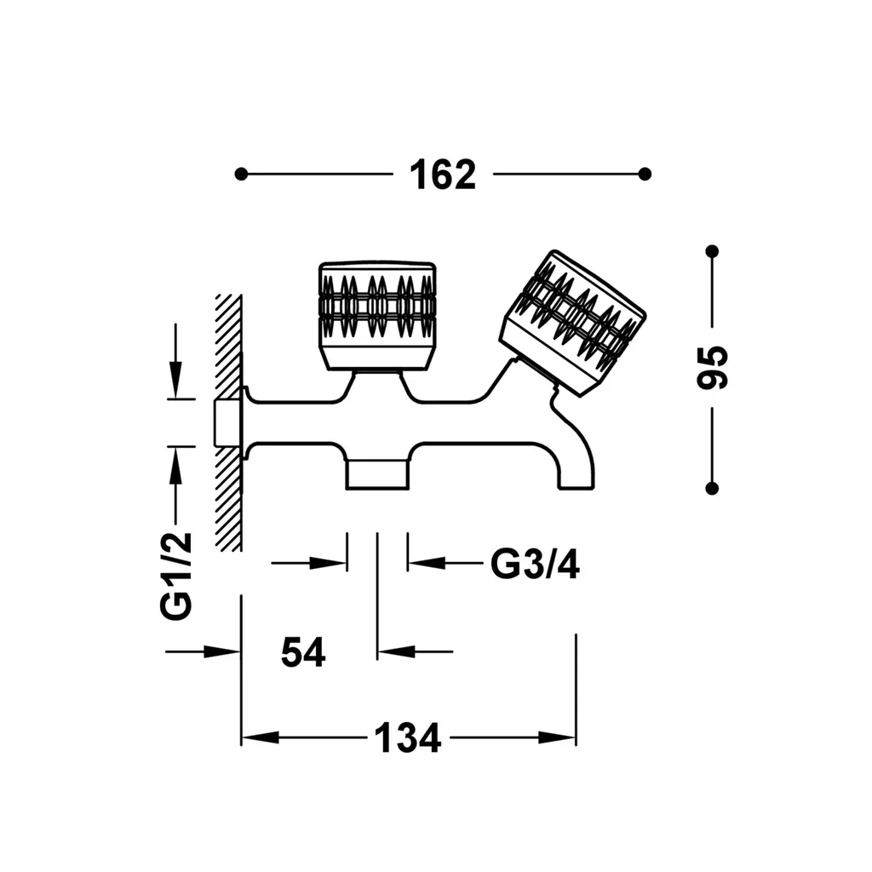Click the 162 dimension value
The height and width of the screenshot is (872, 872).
pos(443,175)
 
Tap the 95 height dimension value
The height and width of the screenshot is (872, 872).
pos(712,367)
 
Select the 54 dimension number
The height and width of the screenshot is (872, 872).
pos(303,651)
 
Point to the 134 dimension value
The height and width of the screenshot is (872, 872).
pos(408,738)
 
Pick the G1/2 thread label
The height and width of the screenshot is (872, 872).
pos(175,577)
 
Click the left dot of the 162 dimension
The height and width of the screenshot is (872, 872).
pos(241,174)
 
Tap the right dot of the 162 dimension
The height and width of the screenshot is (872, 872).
pos(645,174)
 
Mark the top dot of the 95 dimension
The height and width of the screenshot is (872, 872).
pos(712,251)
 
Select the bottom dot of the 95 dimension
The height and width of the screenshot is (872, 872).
pos(712,488)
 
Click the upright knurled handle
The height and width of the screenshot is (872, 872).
pos(377,315)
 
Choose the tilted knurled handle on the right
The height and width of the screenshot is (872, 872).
pos(573,324)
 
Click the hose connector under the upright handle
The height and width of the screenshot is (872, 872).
pos(377,474)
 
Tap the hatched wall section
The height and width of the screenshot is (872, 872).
pos(228,422)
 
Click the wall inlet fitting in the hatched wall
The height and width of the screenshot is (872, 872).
pos(228,422)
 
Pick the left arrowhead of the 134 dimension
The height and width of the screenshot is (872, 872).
pos(261,738)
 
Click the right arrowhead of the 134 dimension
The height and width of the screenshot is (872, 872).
pos(557,738)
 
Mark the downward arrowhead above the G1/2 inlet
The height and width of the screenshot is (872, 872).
pos(175,379)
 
